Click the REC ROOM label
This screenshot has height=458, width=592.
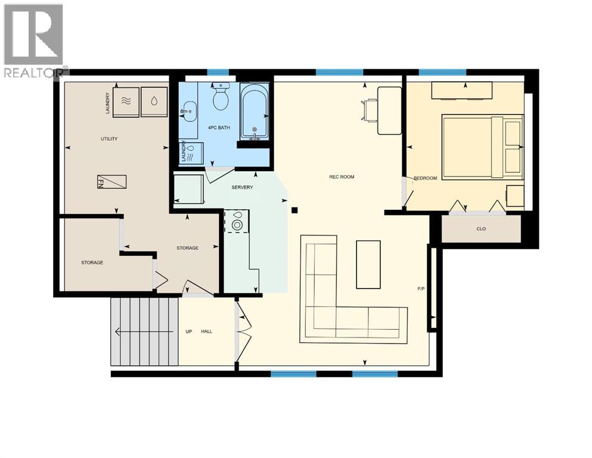coord(342,177)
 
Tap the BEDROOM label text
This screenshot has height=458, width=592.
coord(425,178)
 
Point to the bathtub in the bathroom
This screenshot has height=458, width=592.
coord(254,112)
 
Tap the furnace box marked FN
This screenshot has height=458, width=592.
coord(112,182)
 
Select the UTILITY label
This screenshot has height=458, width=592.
coord(109,139)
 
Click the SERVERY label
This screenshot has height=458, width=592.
coord(242,187)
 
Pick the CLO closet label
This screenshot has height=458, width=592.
coord(481,228)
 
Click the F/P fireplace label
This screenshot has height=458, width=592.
coord(420,289)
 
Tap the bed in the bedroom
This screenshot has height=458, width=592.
coord(482,147)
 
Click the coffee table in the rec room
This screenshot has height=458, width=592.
coord(368,264)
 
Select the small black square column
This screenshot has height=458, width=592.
coord(295,210)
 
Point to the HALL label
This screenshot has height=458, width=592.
coord(206,332)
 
